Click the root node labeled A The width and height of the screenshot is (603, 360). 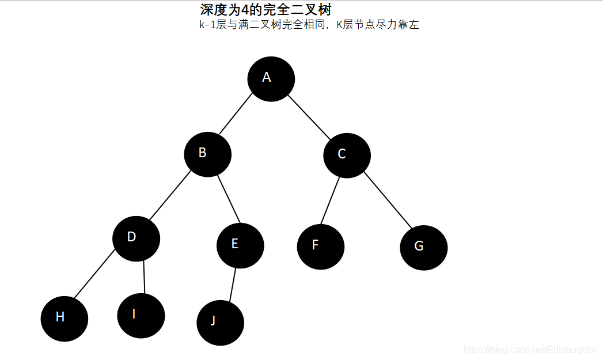[x=271, y=79]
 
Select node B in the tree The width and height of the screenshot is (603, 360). [x=207, y=154]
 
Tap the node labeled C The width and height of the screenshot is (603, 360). [x=347, y=156]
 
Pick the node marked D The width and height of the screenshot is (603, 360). [x=136, y=238]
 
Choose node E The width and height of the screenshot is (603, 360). [x=240, y=245]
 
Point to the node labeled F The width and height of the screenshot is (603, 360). [x=320, y=247]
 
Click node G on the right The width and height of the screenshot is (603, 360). [x=423, y=248]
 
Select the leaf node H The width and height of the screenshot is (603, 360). [x=65, y=319]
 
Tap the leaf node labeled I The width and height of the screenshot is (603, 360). [x=141, y=316]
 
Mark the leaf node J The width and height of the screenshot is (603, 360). [x=220, y=323]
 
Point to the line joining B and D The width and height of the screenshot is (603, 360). [x=169, y=196]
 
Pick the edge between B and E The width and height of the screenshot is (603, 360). [x=228, y=199]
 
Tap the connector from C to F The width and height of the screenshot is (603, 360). [x=330, y=200]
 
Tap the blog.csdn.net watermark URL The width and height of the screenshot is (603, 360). [x=530, y=349]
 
